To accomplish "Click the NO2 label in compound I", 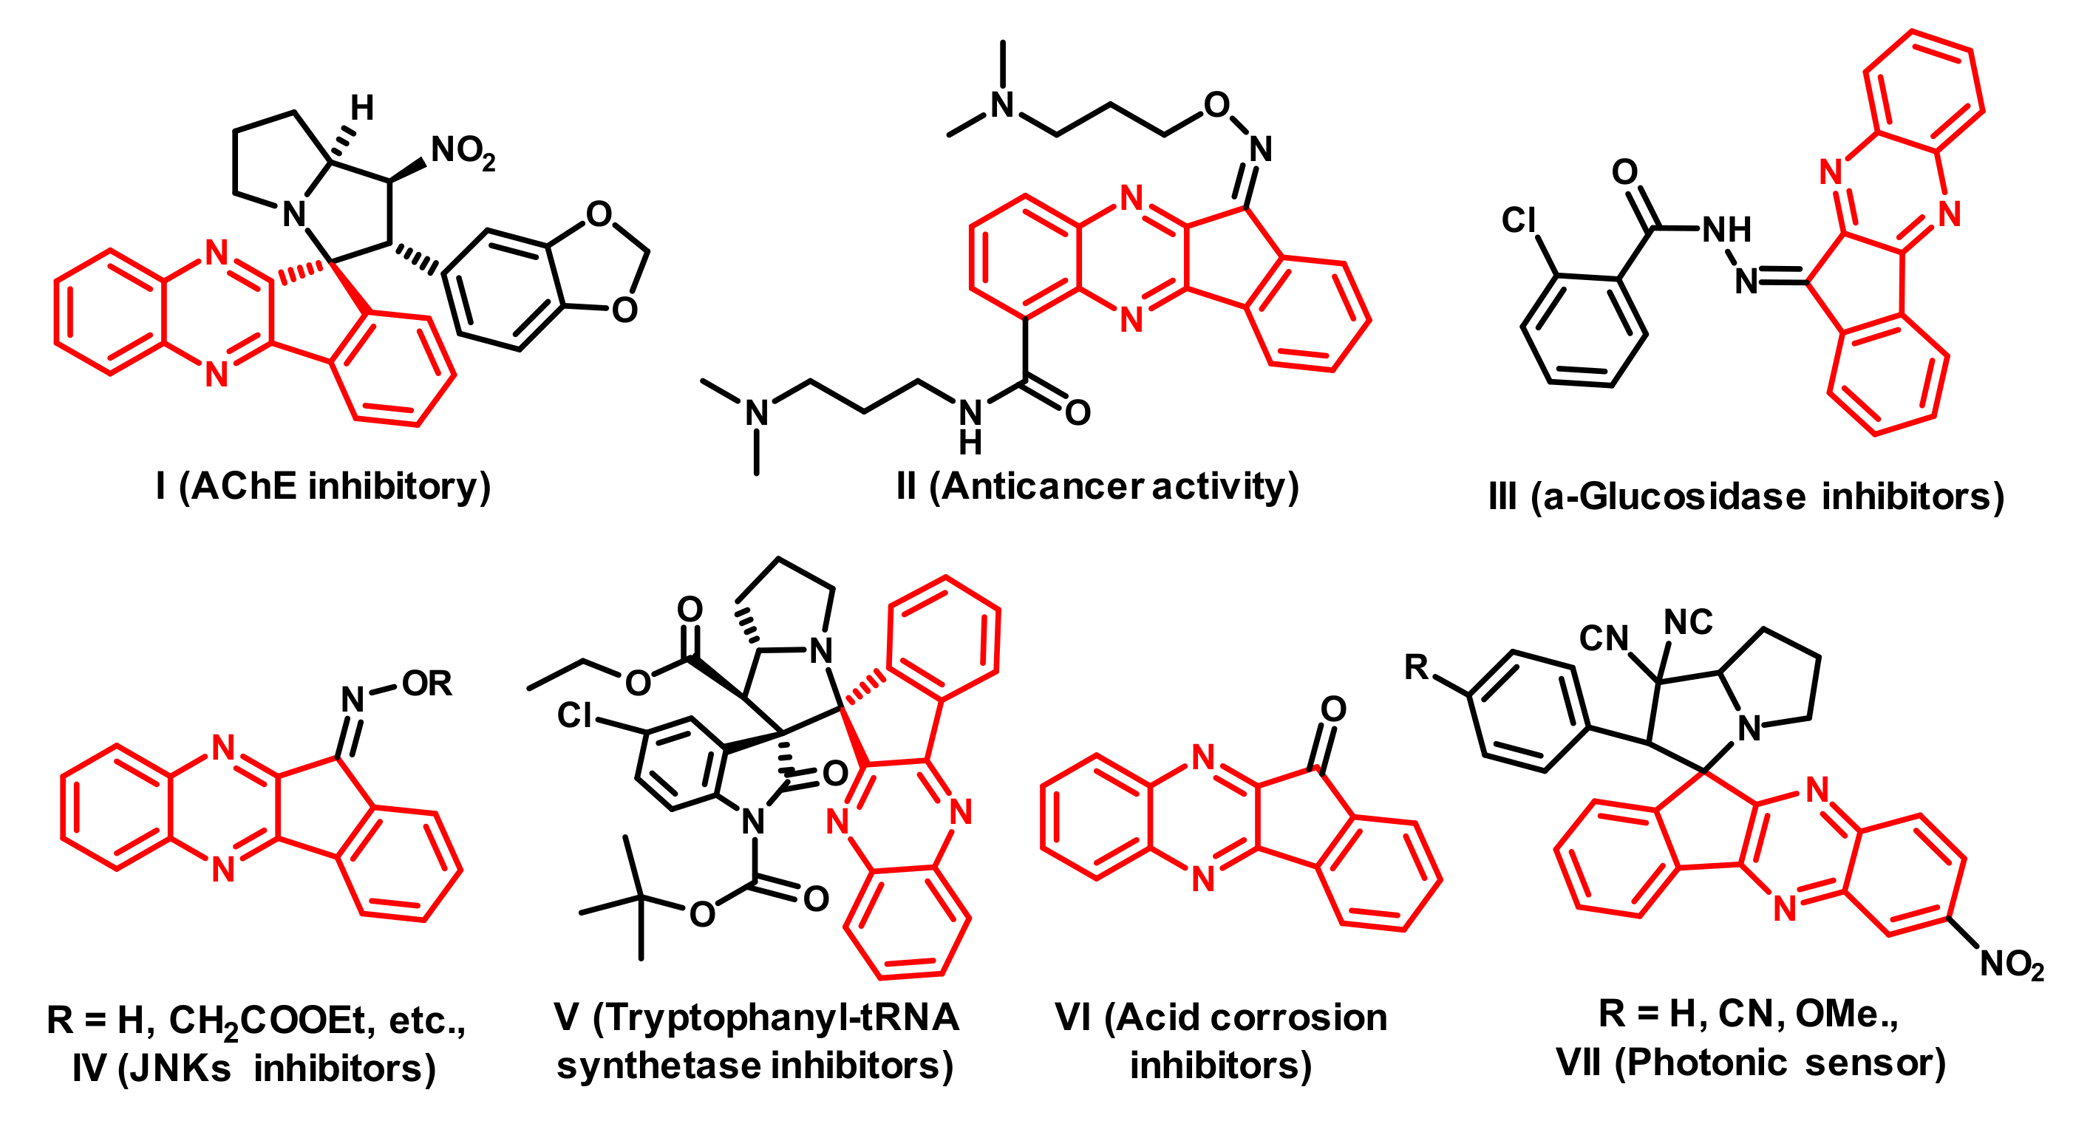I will [x=463, y=151].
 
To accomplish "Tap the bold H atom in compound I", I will [x=362, y=107].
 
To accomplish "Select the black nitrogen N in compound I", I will [x=293, y=215].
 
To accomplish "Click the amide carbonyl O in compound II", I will [x=1078, y=413].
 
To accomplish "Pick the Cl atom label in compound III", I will [x=1518, y=220].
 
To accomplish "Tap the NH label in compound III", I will [x=1726, y=230].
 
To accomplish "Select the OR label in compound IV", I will [x=426, y=684].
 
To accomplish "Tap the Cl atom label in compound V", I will [x=574, y=715].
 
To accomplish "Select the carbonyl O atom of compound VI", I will [x=1333, y=709].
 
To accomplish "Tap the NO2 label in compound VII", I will [x=2012, y=964].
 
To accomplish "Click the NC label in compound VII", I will [x=1689, y=623].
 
